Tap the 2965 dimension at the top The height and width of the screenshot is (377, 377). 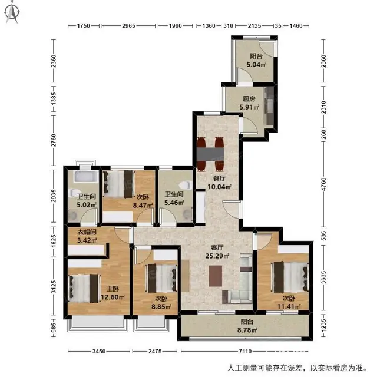128,25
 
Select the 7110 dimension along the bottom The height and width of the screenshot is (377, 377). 245,351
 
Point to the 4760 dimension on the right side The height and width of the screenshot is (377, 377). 324,184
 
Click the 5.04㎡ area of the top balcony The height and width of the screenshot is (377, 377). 256,64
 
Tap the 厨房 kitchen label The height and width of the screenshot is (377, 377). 249,99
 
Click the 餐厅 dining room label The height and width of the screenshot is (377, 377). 219,178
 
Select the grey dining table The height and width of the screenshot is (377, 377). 210,154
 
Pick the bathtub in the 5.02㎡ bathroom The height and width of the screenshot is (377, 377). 86,177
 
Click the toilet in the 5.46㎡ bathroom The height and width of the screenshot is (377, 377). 184,186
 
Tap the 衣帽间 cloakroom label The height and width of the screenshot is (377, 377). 87,232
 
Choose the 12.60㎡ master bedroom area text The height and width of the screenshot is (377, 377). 113,297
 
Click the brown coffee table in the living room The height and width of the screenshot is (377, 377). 216,276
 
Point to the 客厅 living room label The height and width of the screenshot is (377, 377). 217,247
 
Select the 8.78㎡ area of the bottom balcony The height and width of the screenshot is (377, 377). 247,330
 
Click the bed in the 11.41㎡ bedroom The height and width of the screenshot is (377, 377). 291,276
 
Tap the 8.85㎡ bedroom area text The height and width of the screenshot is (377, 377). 161,307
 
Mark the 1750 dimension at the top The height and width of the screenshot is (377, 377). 84,25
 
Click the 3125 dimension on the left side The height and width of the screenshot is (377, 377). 54,287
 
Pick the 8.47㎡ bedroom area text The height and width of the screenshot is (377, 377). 143,206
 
